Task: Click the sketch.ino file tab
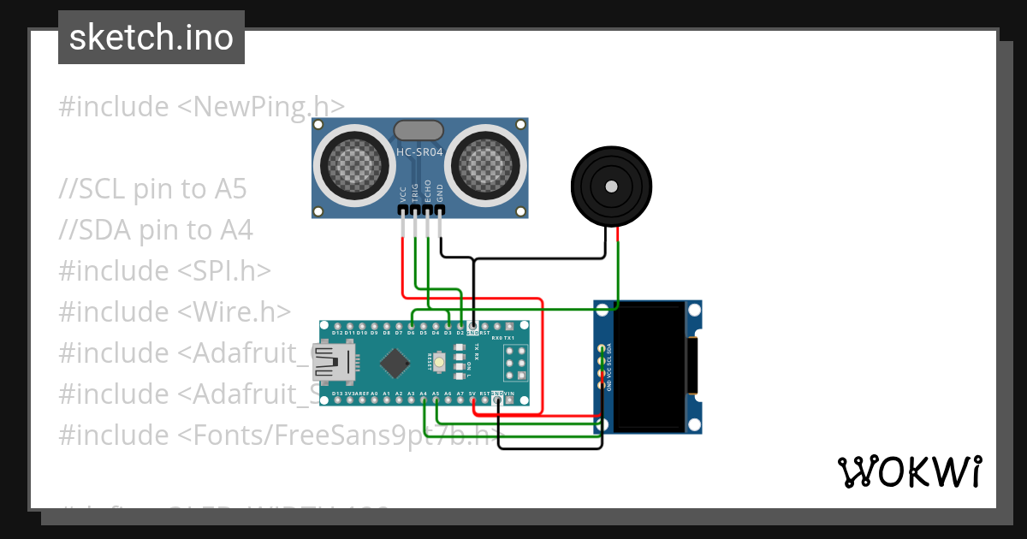[151, 38]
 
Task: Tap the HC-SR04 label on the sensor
[419, 152]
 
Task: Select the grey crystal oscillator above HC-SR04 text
[419, 130]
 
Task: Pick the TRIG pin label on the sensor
[415, 192]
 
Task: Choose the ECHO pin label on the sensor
[427, 192]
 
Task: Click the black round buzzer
[611, 187]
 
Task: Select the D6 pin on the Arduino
[412, 327]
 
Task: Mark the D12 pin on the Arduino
[337, 327]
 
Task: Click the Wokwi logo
[909, 471]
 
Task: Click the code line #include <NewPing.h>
[201, 107]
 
